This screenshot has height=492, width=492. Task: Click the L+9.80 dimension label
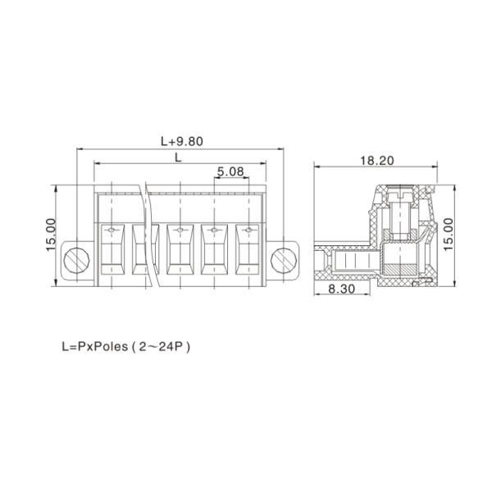[x=181, y=140]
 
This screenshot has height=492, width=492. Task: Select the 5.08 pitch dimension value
[x=230, y=172]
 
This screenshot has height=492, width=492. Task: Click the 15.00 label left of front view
[x=51, y=235]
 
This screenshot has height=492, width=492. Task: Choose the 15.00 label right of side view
[x=448, y=235]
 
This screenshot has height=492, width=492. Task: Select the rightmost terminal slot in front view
[x=248, y=250]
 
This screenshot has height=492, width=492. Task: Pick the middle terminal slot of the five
[x=180, y=250]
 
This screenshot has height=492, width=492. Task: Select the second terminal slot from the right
[x=214, y=250]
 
